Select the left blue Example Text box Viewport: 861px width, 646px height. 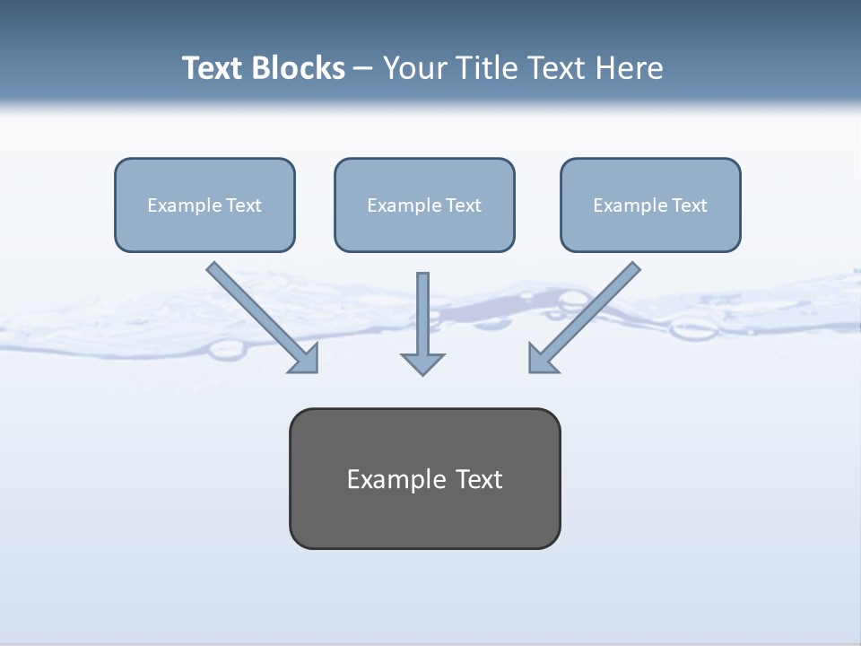click(204, 205)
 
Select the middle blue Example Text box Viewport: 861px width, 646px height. click(424, 205)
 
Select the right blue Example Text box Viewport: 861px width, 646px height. click(650, 205)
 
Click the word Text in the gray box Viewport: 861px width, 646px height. click(480, 479)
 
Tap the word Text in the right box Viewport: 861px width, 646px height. click(690, 205)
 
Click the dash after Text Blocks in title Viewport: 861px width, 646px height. click(363, 69)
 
